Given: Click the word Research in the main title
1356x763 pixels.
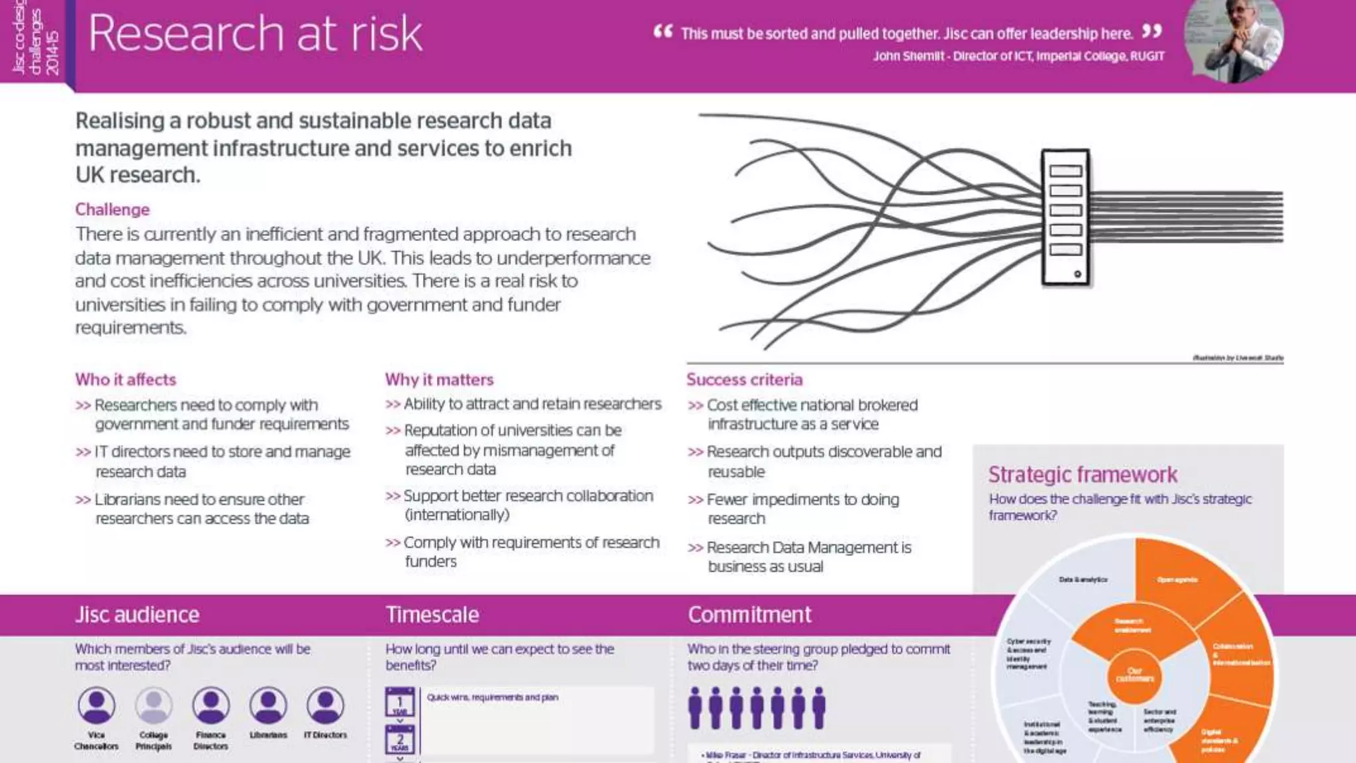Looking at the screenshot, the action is (187, 34).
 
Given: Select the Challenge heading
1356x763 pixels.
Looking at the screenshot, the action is (113, 209).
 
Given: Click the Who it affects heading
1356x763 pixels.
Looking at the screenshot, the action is (126, 380).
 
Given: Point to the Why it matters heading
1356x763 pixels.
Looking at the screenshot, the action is (440, 380).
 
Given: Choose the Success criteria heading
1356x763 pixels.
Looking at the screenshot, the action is (744, 380).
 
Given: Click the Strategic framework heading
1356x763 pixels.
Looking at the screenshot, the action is (1083, 474).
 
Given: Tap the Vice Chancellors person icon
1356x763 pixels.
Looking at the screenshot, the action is (97, 705).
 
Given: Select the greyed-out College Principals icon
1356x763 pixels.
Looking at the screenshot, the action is (154, 705).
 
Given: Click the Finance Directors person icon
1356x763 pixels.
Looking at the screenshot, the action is (211, 705).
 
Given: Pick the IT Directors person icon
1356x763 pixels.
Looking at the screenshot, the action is (325, 705).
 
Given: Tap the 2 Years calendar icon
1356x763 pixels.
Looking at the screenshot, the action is (400, 740).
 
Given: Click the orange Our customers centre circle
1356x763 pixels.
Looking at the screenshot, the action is (1135, 675).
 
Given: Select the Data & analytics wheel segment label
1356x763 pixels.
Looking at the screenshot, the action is (1083, 580).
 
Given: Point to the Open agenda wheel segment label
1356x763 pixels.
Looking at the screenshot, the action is (1177, 580).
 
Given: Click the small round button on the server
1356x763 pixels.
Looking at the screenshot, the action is (1077, 274).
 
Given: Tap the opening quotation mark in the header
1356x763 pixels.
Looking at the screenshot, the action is (663, 31).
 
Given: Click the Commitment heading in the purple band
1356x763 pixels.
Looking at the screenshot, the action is (750, 615).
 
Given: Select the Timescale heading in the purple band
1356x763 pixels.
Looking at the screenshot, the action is (432, 615).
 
